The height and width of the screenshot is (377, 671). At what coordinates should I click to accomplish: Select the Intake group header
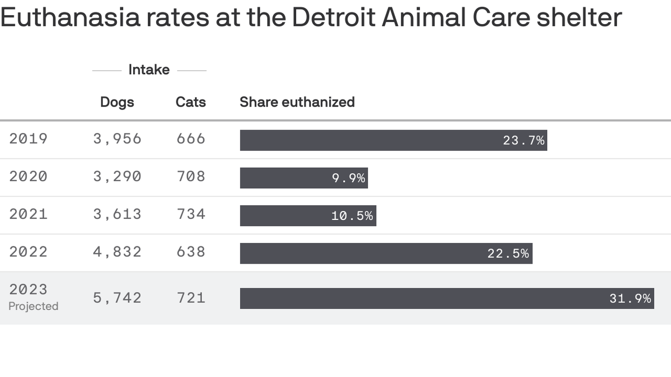tap(149, 70)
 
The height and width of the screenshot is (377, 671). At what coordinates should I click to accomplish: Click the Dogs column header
tap(117, 102)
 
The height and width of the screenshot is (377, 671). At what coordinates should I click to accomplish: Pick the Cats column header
tap(191, 102)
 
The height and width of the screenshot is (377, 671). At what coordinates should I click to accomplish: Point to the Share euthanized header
tap(297, 102)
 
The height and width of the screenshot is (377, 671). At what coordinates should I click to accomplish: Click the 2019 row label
tap(28, 139)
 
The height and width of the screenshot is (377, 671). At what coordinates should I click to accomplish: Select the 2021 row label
tap(28, 215)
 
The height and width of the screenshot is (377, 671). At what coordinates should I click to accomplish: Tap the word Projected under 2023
tap(33, 306)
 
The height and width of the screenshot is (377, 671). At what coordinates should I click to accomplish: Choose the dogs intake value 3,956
tap(117, 139)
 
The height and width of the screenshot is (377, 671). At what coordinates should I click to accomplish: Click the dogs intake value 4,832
tap(117, 252)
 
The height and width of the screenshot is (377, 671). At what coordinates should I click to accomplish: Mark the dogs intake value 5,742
tap(117, 298)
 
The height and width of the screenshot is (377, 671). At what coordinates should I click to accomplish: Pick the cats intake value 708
tap(191, 177)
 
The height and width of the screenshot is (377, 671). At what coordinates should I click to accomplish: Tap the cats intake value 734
tap(191, 215)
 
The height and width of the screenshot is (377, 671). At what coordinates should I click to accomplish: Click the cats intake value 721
tap(191, 298)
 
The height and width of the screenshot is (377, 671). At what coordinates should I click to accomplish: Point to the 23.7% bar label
tap(524, 141)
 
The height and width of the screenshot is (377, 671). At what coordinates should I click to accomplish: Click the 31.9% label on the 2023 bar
tap(630, 298)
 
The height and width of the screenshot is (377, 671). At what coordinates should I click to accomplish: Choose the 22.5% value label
tap(508, 254)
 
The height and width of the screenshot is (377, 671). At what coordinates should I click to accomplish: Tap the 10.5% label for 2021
tap(352, 216)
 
